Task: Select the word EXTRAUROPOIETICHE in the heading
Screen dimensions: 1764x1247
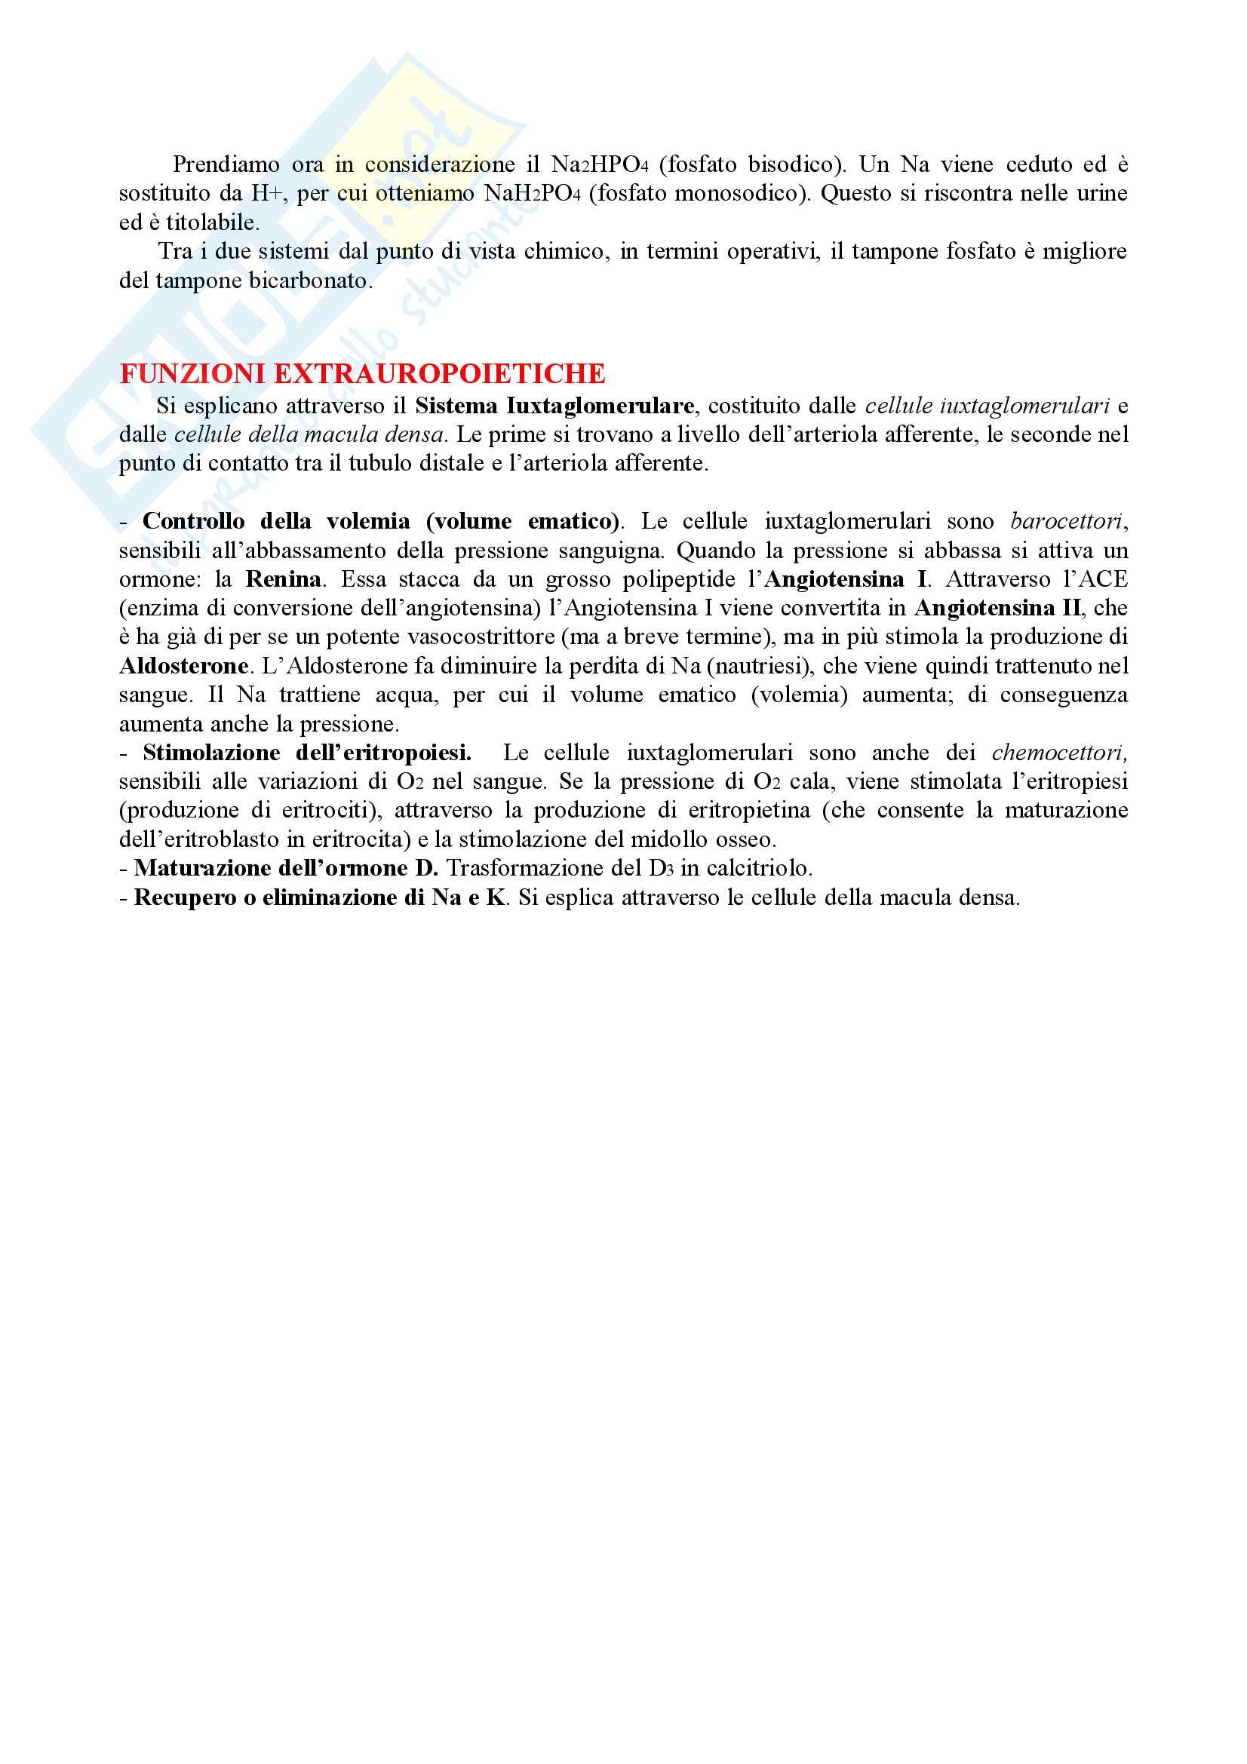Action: point(440,373)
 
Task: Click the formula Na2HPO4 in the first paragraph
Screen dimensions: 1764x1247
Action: point(599,164)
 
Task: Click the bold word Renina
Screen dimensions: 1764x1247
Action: point(283,579)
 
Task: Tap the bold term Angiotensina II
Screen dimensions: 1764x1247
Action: point(997,608)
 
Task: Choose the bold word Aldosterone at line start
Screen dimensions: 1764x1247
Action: point(183,665)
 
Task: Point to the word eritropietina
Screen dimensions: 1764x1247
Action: point(749,810)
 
